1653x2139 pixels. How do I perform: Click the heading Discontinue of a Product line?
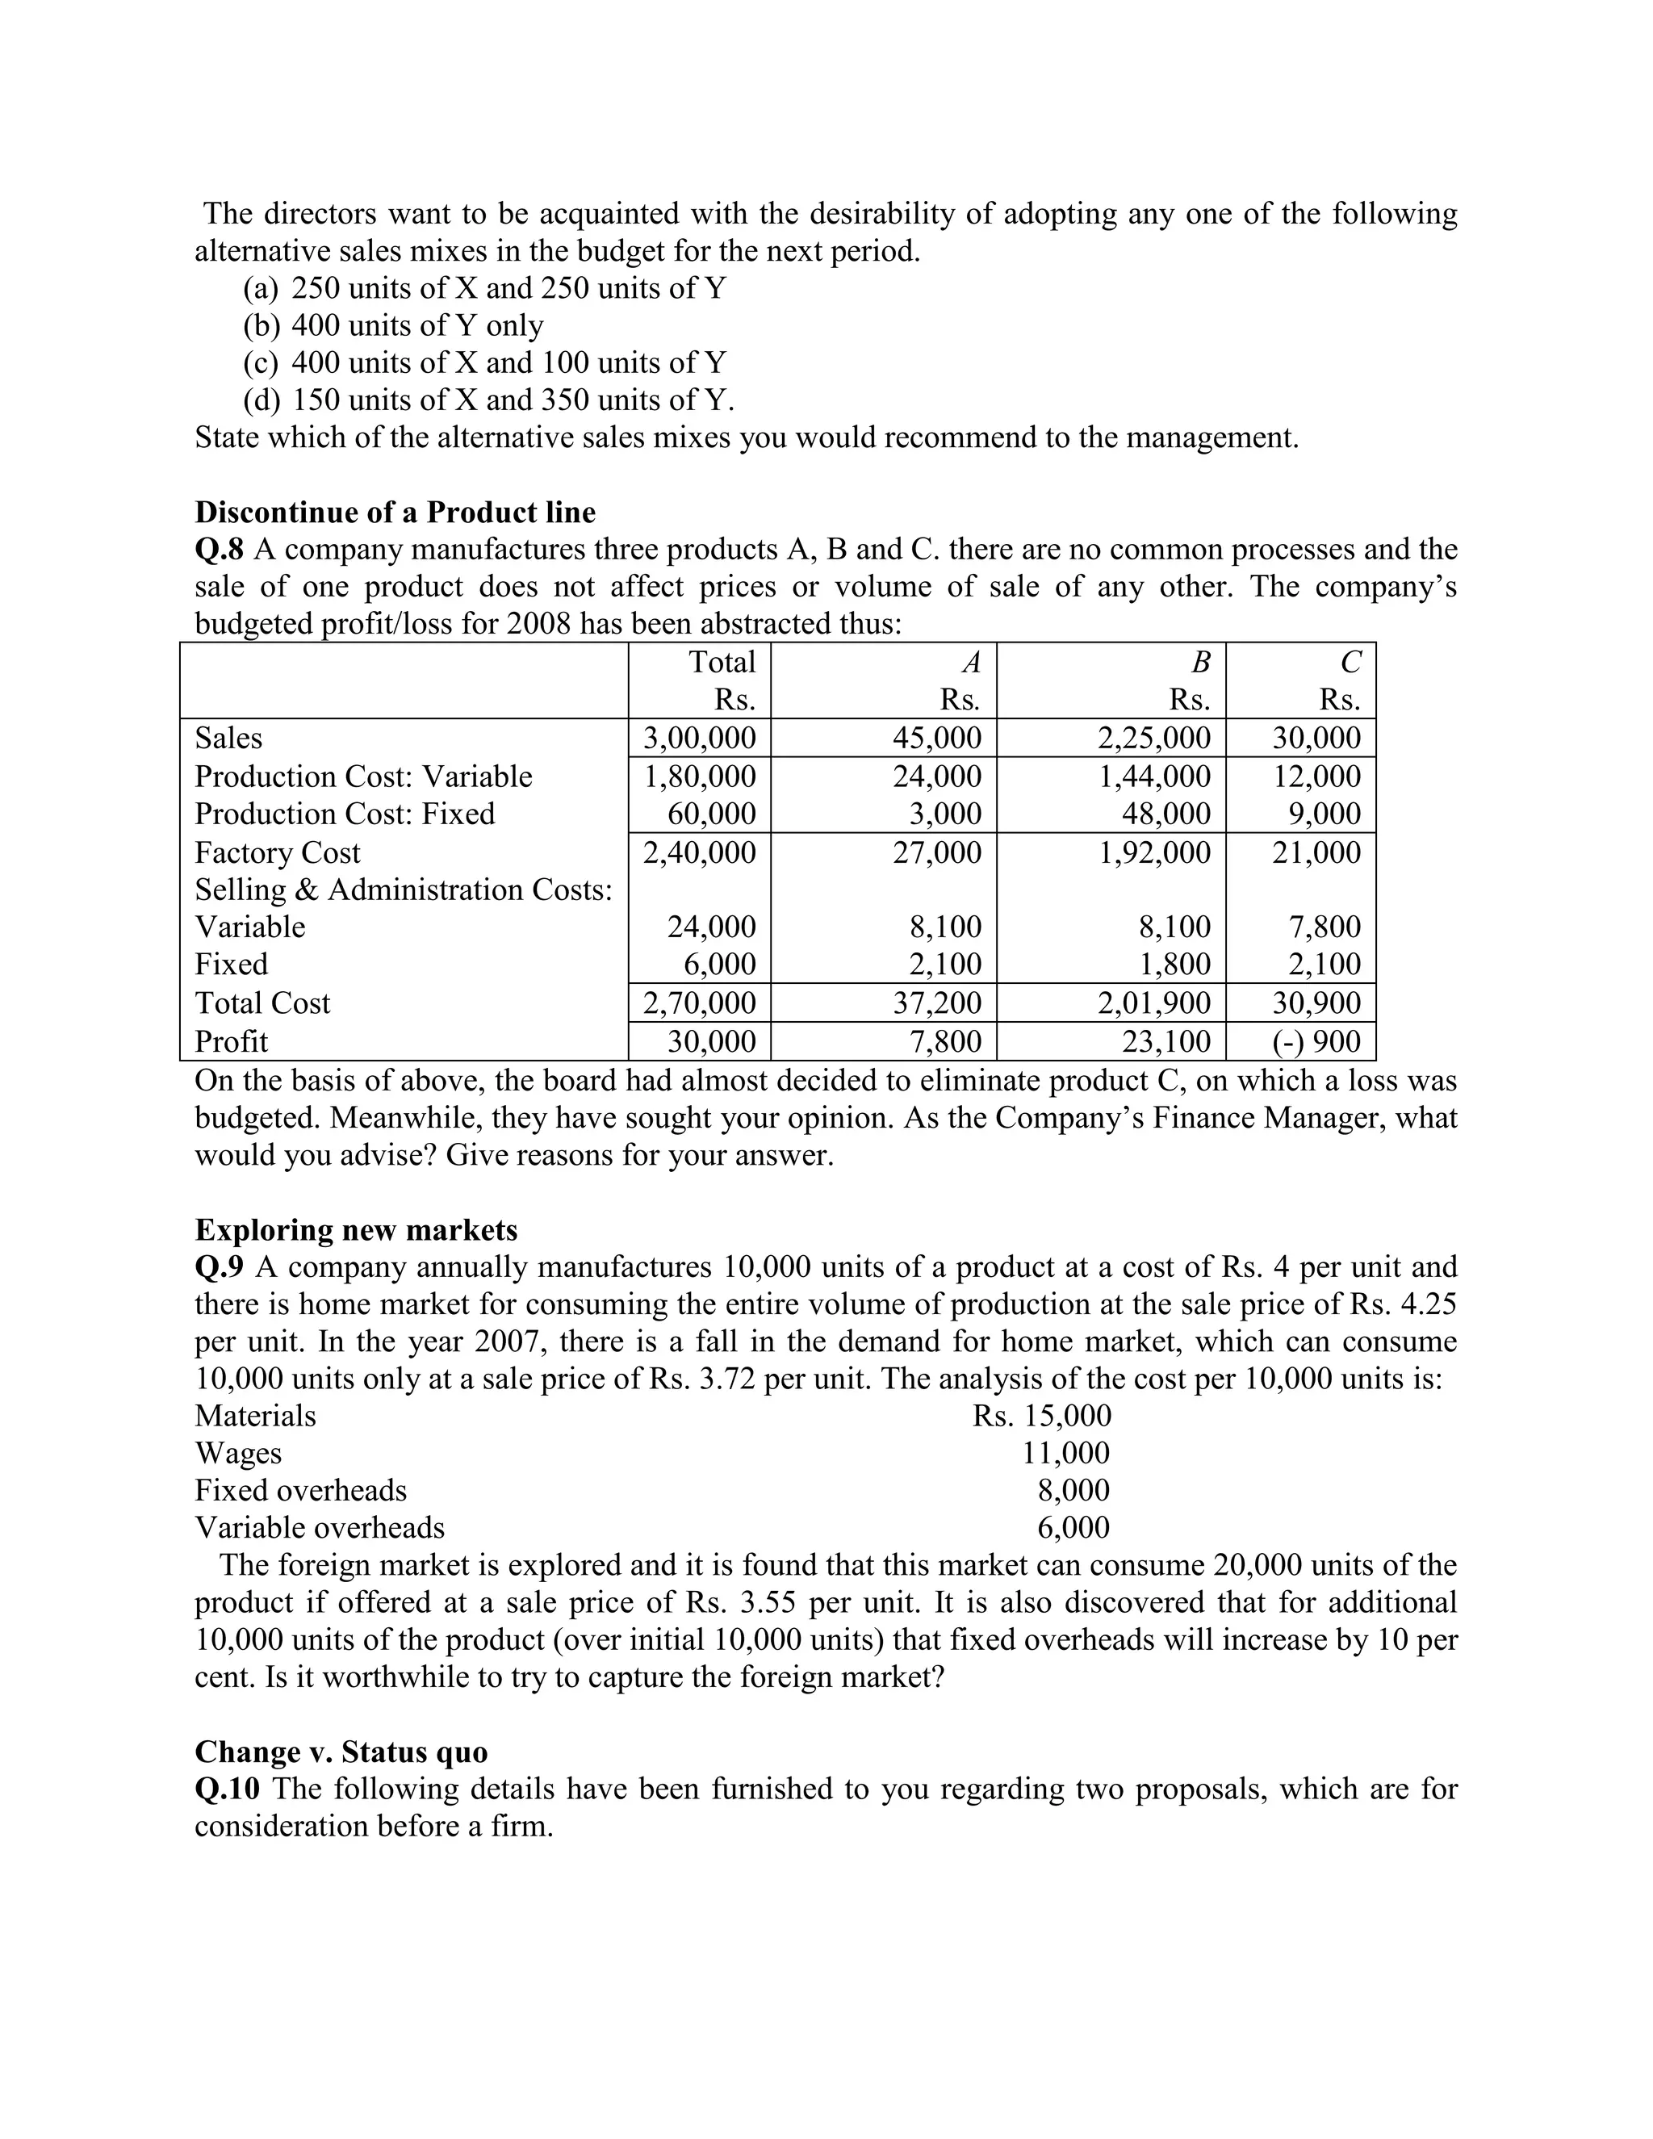(395, 513)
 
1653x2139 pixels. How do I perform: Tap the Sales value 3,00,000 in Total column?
(699, 738)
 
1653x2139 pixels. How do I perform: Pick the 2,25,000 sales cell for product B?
(1153, 738)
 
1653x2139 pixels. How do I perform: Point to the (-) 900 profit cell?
(1316, 1041)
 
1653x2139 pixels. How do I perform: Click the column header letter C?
(1350, 663)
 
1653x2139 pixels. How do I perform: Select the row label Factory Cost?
(277, 852)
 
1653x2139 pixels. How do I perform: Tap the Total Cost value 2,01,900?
(1153, 1003)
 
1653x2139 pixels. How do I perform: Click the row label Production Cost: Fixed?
(345, 814)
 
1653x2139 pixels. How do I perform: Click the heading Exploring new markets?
(357, 1229)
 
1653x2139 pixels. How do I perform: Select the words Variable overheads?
(320, 1527)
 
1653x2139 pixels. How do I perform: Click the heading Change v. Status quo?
(341, 1752)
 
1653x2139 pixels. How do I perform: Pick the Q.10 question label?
(227, 1789)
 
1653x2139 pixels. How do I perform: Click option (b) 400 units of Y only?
(393, 325)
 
